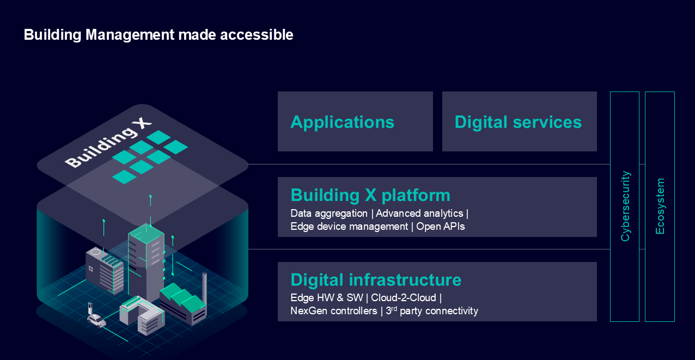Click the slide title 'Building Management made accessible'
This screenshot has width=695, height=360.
(x=158, y=35)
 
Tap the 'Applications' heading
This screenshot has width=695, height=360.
(x=342, y=123)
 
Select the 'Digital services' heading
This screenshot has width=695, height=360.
(x=518, y=122)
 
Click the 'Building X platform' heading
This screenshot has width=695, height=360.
(x=370, y=196)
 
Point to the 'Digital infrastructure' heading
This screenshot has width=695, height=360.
(x=376, y=279)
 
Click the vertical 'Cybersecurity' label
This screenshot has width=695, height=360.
(x=625, y=206)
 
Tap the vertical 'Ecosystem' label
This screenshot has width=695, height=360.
(x=660, y=206)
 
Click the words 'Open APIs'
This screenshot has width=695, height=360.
(x=441, y=227)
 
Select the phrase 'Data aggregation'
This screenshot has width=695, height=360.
(x=329, y=213)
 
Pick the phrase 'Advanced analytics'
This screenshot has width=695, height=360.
(x=419, y=213)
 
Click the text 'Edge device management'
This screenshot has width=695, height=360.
(x=349, y=227)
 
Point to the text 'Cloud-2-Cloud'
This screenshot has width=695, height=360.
(x=404, y=298)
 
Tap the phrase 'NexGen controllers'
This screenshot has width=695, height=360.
(x=333, y=311)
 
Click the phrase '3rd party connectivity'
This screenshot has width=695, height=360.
(x=432, y=311)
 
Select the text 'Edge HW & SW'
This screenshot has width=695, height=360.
(x=327, y=298)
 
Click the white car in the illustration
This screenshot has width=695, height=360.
(x=97, y=321)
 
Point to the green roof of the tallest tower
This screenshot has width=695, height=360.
(x=146, y=233)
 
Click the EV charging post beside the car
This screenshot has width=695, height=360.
(x=90, y=308)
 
